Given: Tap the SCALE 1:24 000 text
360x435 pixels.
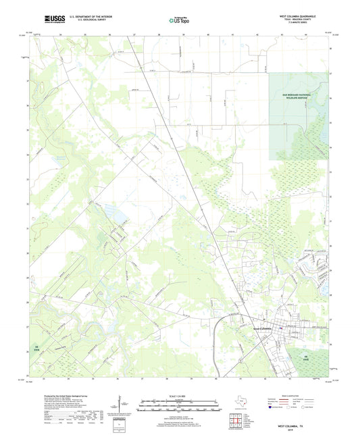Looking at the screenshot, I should click(180, 396).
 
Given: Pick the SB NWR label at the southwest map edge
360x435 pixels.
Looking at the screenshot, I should click(47, 350).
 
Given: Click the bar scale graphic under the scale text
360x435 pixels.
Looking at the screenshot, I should click(180, 405).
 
